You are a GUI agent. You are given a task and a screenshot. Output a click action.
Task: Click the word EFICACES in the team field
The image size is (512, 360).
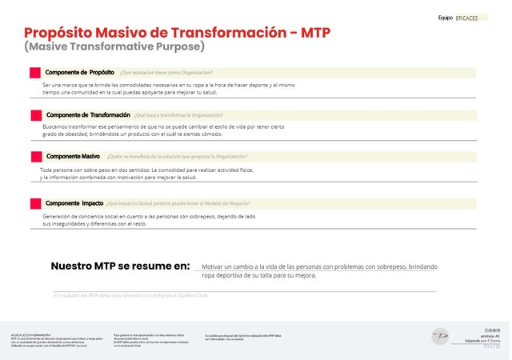(x=466, y=18)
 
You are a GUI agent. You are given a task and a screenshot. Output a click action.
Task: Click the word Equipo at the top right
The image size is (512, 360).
(x=446, y=18)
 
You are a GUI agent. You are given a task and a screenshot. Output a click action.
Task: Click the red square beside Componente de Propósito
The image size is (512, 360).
(x=35, y=73)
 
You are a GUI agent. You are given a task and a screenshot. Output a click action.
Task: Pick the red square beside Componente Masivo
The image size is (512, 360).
(x=35, y=157)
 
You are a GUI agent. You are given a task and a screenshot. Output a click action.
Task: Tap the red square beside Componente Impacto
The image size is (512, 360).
(x=35, y=204)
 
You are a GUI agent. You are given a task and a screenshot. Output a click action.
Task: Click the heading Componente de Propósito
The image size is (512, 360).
(x=79, y=73)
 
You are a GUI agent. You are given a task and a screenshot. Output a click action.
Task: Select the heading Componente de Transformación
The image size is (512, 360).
(x=88, y=114)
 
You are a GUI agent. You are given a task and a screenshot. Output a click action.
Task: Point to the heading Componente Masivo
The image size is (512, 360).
(x=73, y=156)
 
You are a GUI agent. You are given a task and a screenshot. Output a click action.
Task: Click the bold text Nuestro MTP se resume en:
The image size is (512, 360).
(x=120, y=266)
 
